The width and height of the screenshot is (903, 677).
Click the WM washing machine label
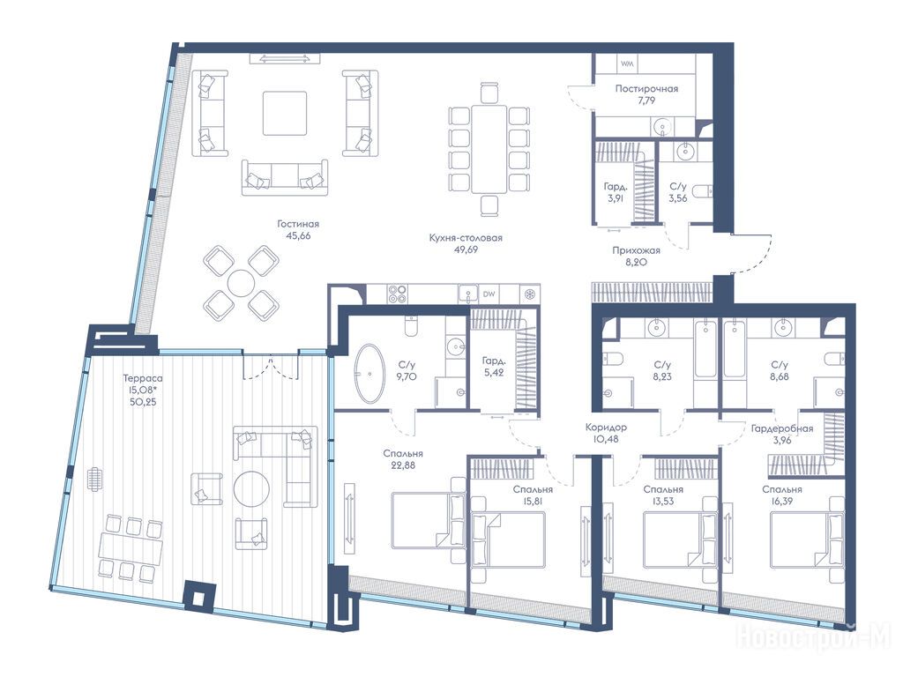click(x=627, y=63)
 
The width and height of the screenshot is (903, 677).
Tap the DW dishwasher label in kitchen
click(x=489, y=294)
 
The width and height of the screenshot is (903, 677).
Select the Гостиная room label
click(x=298, y=224)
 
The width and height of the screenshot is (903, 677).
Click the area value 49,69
click(x=466, y=249)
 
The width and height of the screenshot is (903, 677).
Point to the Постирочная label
click(x=646, y=89)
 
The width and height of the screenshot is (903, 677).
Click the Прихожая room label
click(x=637, y=250)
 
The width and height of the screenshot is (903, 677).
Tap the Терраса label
click(x=142, y=378)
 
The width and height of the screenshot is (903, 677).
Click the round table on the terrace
click(x=251, y=489)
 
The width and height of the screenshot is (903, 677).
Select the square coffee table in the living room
click(x=285, y=113)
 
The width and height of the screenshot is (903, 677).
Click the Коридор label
click(x=606, y=428)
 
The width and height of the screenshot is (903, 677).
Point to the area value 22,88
click(x=402, y=465)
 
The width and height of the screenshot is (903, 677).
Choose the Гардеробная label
click(x=782, y=428)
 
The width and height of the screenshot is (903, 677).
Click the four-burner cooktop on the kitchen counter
click(x=397, y=294)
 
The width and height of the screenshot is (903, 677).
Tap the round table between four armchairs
click(x=240, y=283)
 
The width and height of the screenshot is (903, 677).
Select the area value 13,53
click(x=663, y=502)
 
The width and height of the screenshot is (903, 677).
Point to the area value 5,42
click(x=494, y=373)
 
